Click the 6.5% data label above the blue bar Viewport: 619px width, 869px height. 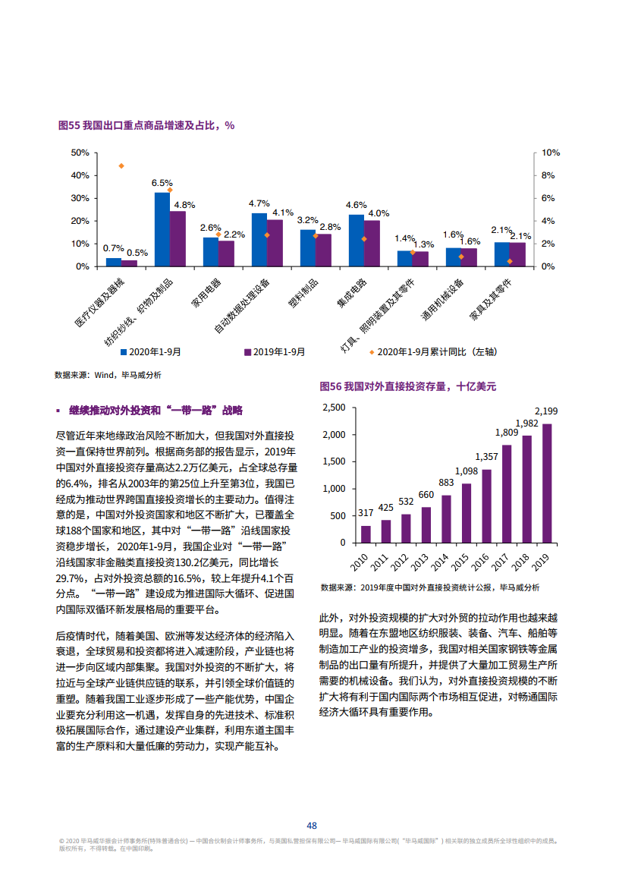[x=162, y=183]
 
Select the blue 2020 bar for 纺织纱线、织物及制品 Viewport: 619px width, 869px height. [x=162, y=229]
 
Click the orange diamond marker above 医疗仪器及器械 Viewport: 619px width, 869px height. [x=121, y=165]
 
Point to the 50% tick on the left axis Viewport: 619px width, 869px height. [x=80, y=153]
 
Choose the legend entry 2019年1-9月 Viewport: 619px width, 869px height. [x=274, y=352]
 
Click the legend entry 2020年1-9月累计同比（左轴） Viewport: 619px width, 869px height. [x=431, y=352]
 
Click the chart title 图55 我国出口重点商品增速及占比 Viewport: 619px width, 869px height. [x=146, y=125]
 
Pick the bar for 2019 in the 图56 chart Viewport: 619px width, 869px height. [x=546, y=483]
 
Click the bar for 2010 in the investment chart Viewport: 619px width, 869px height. [x=366, y=534]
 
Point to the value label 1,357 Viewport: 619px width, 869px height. [x=486, y=457]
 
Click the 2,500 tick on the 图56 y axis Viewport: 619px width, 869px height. [x=334, y=408]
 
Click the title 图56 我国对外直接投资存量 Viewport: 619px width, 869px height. [x=407, y=386]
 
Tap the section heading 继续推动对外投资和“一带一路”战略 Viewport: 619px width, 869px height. [x=155, y=411]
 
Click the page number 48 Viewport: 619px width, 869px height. [x=311, y=826]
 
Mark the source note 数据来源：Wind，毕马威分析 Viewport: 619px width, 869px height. [x=107, y=375]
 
